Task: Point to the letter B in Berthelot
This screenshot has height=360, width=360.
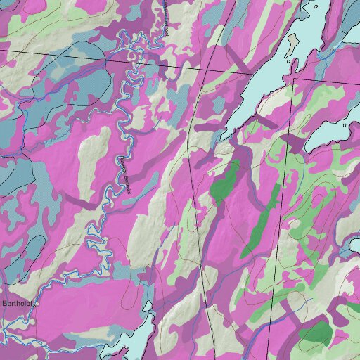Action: pyautogui.click(x=5, y=304)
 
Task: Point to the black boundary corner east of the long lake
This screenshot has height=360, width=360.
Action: pyautogui.click(x=292, y=79)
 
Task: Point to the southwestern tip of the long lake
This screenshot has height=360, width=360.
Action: pyautogui.click(x=226, y=134)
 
